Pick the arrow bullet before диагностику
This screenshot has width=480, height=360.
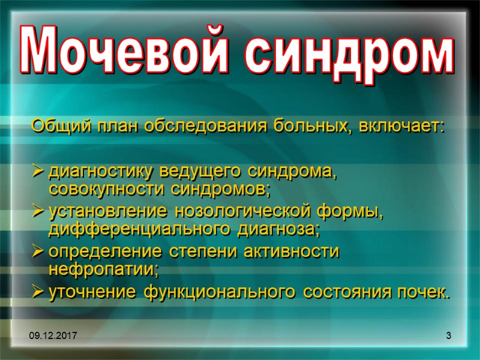click(38, 172)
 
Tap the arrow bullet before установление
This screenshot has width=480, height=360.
click(38, 212)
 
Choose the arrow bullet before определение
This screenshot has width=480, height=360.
click(38, 252)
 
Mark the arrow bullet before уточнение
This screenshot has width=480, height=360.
click(38, 293)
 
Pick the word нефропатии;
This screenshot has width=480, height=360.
click(103, 270)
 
